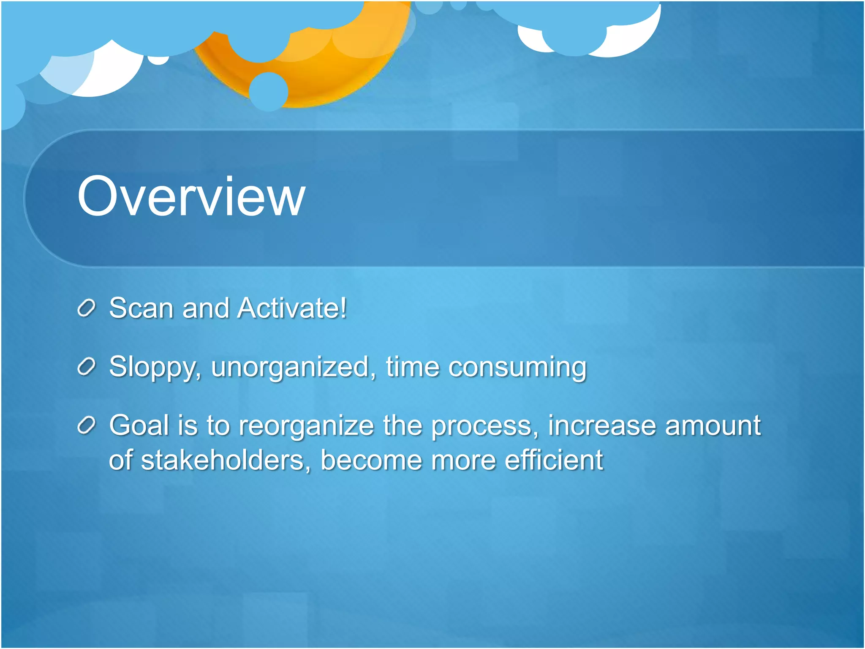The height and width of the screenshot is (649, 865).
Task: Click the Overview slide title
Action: tap(191, 197)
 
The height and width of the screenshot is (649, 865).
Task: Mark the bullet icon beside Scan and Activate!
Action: tap(87, 309)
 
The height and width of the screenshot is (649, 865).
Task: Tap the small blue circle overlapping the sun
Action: tap(269, 91)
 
